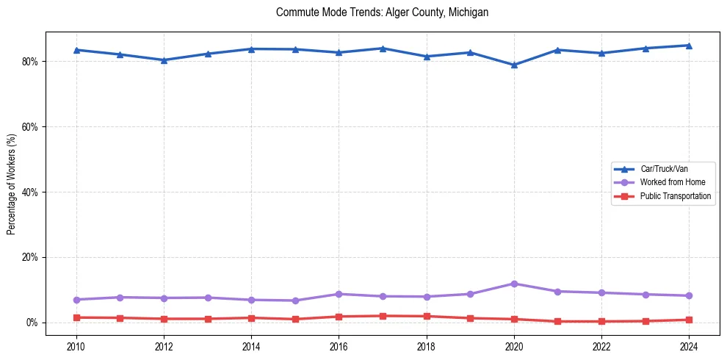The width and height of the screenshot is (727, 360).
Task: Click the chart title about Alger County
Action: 382,12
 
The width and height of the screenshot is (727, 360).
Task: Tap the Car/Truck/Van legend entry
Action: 664,169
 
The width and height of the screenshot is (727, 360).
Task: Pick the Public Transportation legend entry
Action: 675,196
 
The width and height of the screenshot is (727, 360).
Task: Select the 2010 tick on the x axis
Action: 76,345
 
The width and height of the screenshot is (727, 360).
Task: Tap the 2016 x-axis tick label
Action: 339,345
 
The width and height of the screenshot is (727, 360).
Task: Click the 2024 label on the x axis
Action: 689,345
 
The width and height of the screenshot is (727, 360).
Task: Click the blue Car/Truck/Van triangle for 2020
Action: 514,65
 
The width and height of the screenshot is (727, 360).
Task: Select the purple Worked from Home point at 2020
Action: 514,284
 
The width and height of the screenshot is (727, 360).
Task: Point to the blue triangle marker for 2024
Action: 689,46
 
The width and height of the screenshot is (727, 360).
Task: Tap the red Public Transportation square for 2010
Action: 76,317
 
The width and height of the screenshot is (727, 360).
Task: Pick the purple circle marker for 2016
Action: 339,294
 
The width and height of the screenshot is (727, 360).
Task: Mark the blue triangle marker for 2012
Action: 164,60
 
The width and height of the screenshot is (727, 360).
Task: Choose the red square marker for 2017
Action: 383,316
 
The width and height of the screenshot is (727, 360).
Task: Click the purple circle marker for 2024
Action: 689,296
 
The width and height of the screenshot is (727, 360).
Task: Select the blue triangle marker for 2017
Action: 383,48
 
